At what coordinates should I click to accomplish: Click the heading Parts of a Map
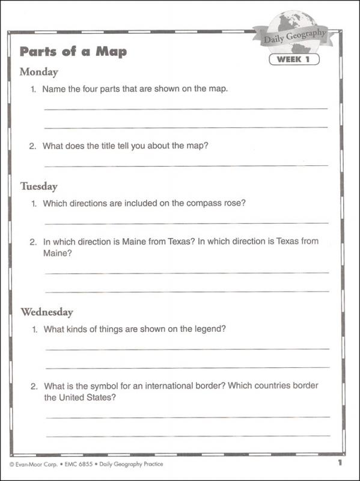pyautogui.click(x=73, y=51)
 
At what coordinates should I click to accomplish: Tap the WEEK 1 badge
pyautogui.click(x=294, y=60)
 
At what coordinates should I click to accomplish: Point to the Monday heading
pyautogui.click(x=38, y=72)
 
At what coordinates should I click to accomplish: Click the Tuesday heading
pyautogui.click(x=38, y=186)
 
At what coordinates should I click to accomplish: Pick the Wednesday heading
pyautogui.click(x=47, y=312)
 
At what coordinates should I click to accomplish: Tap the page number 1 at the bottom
pyautogui.click(x=339, y=462)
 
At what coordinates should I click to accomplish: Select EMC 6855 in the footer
pyautogui.click(x=75, y=464)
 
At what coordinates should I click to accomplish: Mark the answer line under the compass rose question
pyautogui.click(x=186, y=223)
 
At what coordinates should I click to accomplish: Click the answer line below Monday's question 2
pyautogui.click(x=186, y=165)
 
